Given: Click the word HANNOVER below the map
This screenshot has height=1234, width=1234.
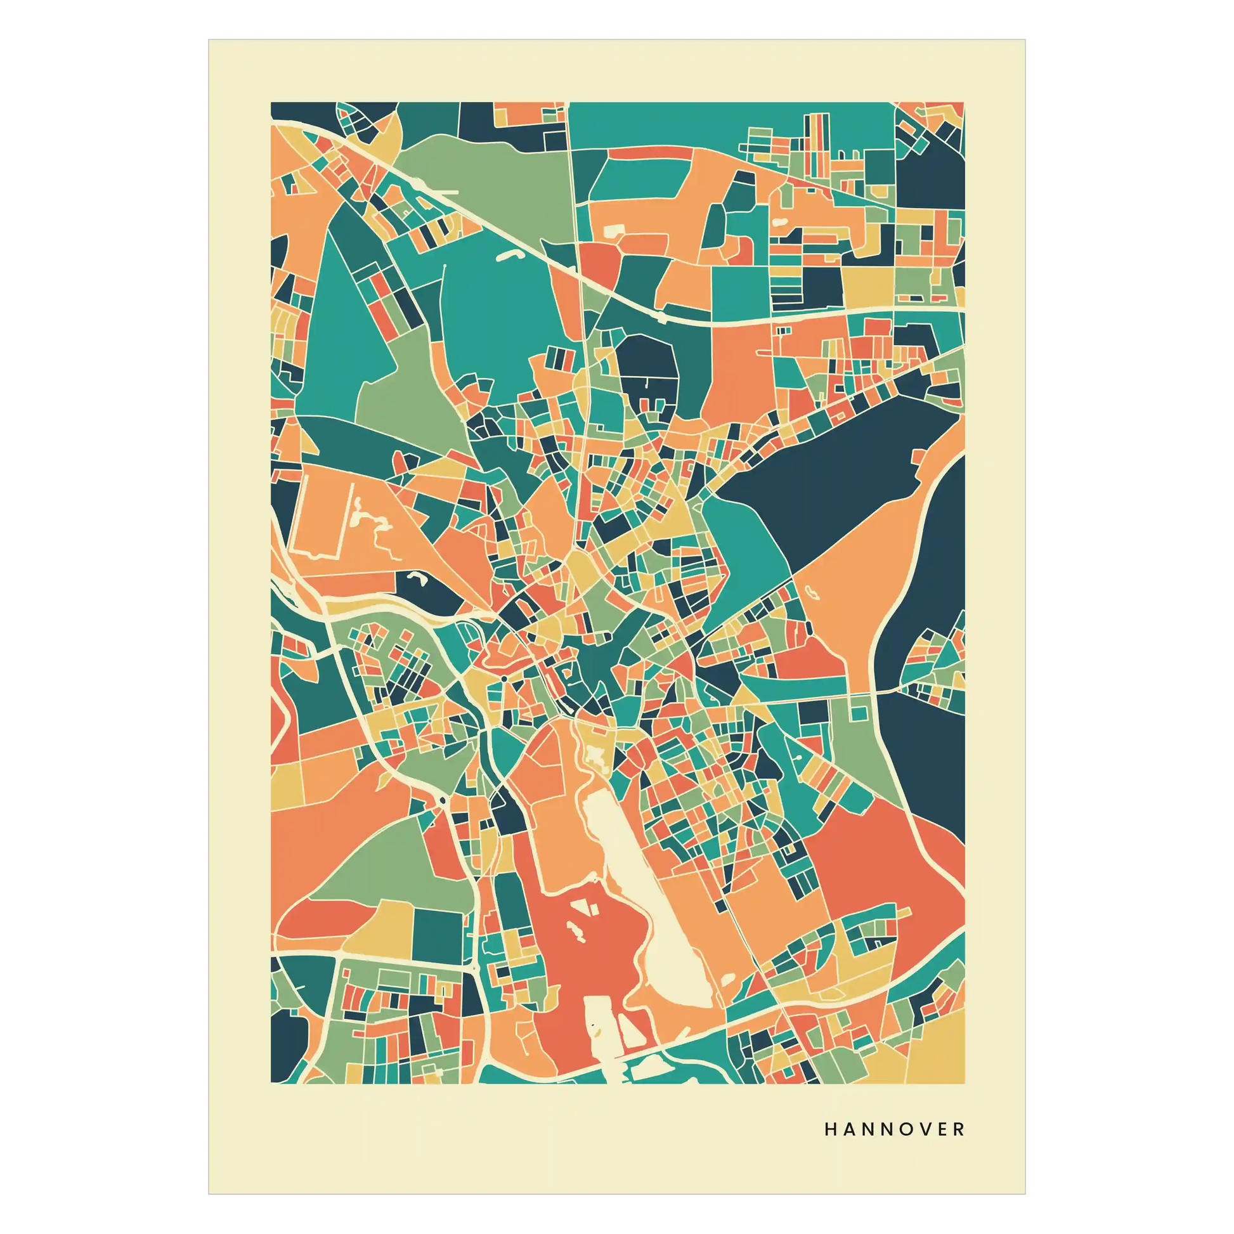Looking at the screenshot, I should pos(894,1129).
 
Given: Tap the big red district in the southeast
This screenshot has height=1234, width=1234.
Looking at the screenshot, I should pos(894,856).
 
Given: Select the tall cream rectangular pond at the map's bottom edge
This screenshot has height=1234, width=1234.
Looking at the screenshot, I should pos(599,1029).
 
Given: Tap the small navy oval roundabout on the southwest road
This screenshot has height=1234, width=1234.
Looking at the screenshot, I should pos(442,800).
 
